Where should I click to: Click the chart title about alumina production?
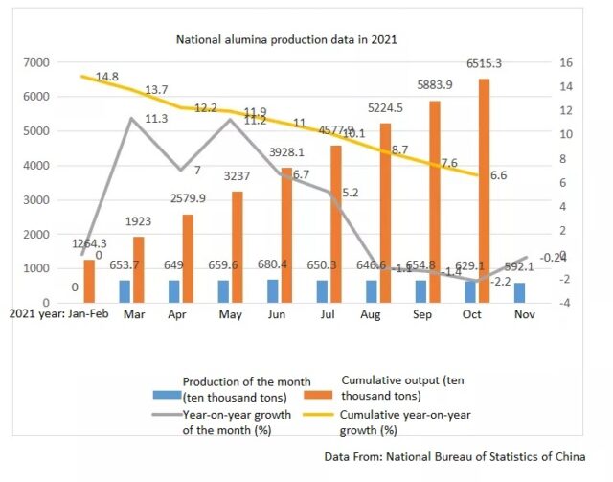(285, 40)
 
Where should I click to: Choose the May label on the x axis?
(229, 312)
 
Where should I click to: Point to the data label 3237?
(240, 176)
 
